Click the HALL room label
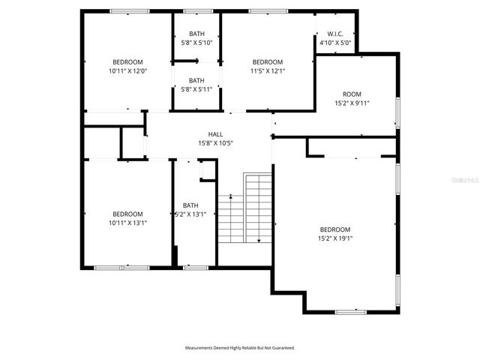tap(215, 133)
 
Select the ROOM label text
tap(352, 94)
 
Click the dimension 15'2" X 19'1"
tap(335, 238)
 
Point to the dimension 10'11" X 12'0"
tap(127, 71)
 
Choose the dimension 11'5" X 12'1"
tap(267, 71)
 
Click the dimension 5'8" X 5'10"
tap(196, 43)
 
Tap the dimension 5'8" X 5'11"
tap(196, 89)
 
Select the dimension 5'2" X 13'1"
tap(190, 214)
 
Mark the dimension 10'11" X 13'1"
tap(127, 223)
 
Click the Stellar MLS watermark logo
tap(463, 181)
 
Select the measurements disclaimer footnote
tap(240, 348)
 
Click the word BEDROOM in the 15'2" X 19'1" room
tap(335, 229)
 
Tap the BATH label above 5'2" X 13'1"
tap(190, 205)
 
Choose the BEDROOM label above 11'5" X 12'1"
tap(267, 62)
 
